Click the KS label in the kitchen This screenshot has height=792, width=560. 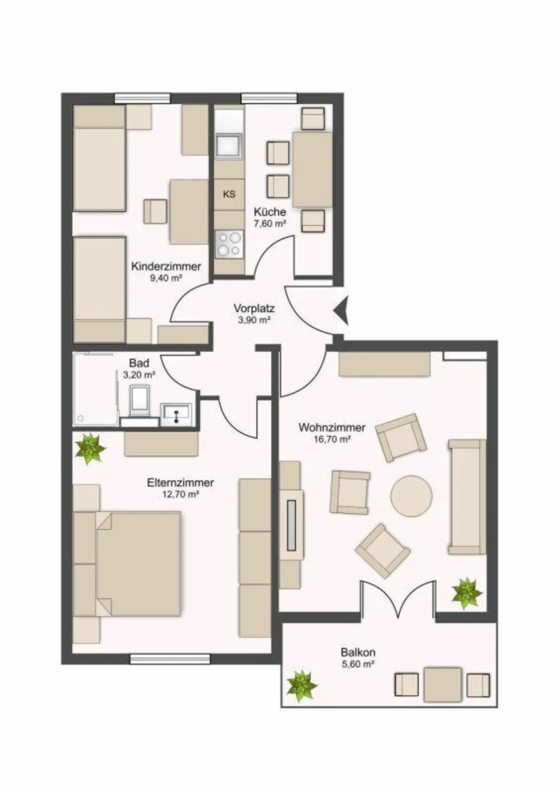(x=229, y=194)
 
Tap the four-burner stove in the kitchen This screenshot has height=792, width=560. (x=229, y=244)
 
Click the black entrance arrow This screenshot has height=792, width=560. (x=341, y=310)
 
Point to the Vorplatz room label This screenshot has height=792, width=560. (x=254, y=308)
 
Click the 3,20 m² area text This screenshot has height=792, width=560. (x=139, y=375)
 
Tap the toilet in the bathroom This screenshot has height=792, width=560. (x=139, y=400)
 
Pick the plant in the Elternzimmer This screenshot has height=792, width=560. (x=90, y=448)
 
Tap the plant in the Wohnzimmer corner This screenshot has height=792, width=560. (x=466, y=593)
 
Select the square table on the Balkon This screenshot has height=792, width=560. (x=443, y=684)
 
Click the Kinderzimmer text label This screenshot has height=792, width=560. (x=166, y=267)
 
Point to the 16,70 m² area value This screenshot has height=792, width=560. (x=332, y=439)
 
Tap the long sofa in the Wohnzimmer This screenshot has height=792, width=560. (x=467, y=496)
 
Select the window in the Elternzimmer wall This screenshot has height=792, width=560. (x=170, y=659)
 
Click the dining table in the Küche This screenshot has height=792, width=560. (x=312, y=169)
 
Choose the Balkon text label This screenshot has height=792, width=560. (x=358, y=652)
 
